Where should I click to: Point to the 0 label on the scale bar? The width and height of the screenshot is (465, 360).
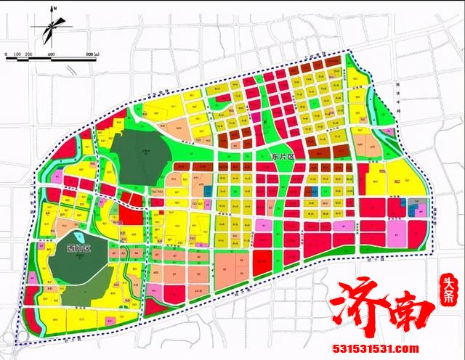(6, 55)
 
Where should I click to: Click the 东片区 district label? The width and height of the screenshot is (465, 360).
(266, 157)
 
